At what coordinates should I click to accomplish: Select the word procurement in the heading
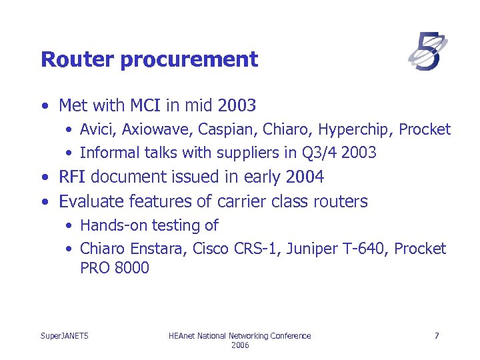tap(189, 59)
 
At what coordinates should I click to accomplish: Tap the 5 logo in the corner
tap(427, 52)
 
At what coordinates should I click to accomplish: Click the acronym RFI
tap(72, 177)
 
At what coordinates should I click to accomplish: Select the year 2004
tap(303, 177)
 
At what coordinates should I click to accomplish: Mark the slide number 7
tap(437, 336)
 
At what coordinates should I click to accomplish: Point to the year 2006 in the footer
tap(240, 345)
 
